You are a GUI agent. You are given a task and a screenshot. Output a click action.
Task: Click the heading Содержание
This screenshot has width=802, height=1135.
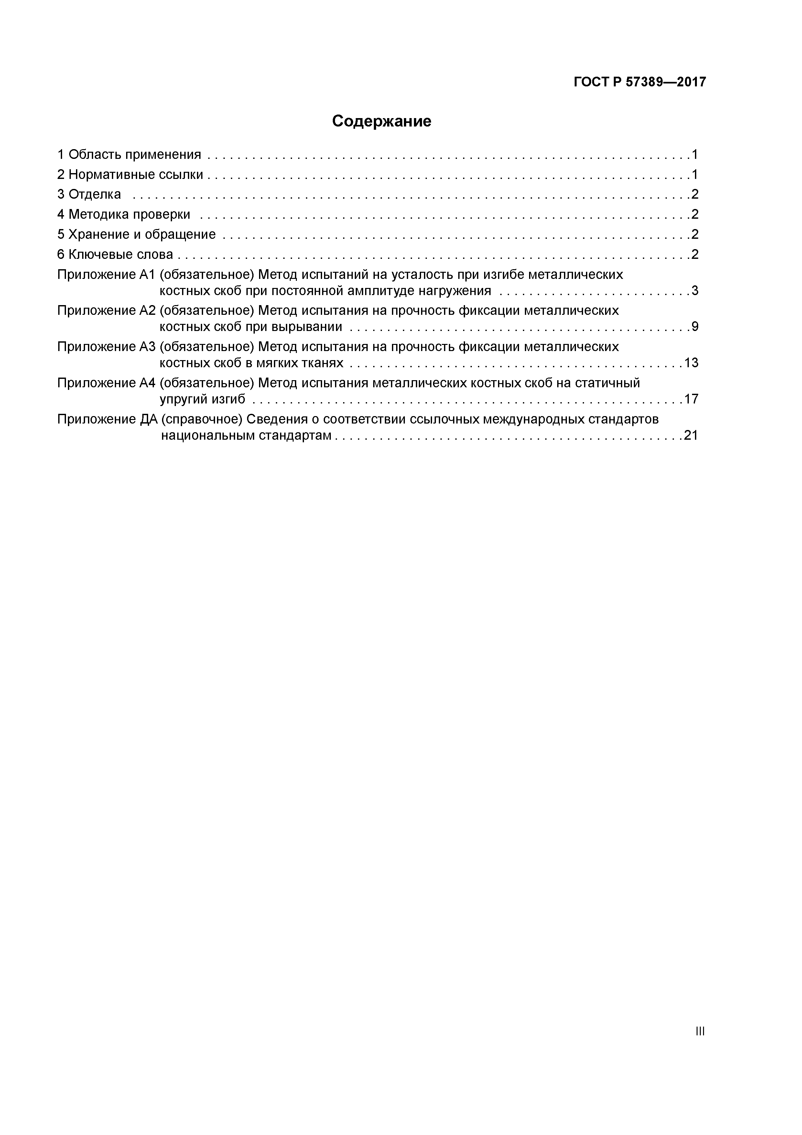pos(382,121)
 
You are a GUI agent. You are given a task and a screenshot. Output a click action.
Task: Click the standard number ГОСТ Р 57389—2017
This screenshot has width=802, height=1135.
pos(640,82)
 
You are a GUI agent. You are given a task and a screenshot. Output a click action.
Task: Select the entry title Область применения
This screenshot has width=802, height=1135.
pos(135,155)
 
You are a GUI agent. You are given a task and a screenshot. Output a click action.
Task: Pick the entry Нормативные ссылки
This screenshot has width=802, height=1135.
pos(135,174)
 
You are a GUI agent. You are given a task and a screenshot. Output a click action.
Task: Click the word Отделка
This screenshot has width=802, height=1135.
pos(94,194)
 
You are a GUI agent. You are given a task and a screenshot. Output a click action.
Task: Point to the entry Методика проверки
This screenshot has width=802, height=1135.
pos(129,215)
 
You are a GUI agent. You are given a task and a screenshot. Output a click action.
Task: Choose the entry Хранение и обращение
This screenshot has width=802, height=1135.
pos(142,234)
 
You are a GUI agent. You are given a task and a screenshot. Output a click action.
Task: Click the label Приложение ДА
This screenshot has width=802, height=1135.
pos(107,419)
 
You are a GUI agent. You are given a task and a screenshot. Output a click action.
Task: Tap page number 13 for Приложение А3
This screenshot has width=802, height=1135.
pos(691,363)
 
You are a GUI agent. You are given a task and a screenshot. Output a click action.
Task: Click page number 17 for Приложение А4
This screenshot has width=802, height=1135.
pos(691,399)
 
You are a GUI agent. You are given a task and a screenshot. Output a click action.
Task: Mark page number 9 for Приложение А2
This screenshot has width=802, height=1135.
pos(695,327)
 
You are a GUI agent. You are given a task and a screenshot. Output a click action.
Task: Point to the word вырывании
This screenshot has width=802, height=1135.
pos(307,327)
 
